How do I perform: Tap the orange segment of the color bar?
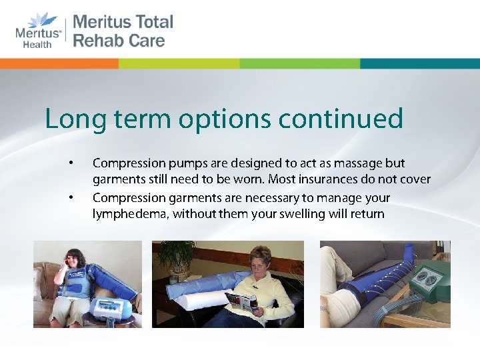tap(59, 63)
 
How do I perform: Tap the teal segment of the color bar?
tap(419, 63)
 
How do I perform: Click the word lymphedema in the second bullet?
tap(126, 215)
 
